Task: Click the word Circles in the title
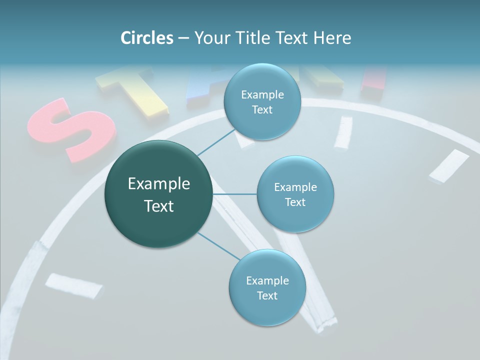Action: [x=146, y=38]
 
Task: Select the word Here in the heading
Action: [x=332, y=38]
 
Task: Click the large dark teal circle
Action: [x=158, y=194]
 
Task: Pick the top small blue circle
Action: [x=262, y=101]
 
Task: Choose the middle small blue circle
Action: [x=295, y=194]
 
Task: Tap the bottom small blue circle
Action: [x=267, y=287]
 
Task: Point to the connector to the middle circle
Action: [x=234, y=194]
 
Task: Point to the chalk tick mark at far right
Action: [x=448, y=165]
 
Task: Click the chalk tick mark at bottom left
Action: [x=73, y=285]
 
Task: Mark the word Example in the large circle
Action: [x=158, y=184]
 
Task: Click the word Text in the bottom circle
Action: [x=267, y=295]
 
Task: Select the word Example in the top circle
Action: [x=262, y=94]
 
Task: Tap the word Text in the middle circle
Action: [x=295, y=202]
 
